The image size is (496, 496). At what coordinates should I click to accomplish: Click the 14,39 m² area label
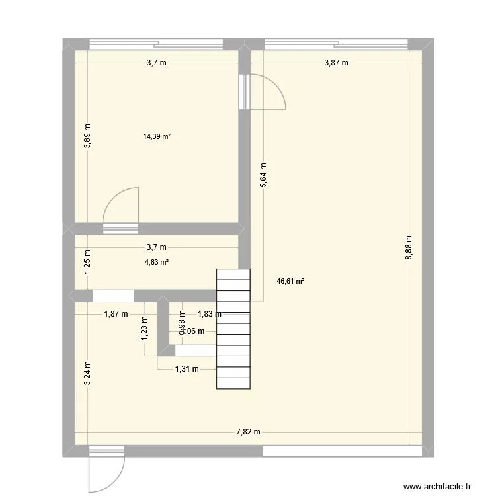click(x=157, y=137)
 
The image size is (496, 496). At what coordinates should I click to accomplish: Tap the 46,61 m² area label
click(x=290, y=281)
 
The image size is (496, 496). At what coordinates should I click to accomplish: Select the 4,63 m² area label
click(x=157, y=262)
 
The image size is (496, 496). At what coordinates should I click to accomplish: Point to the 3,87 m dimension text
click(x=335, y=63)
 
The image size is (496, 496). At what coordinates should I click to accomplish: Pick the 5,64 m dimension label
click(x=263, y=177)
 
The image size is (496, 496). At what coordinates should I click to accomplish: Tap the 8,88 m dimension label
click(x=409, y=248)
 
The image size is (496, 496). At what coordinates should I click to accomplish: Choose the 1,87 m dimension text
click(x=116, y=315)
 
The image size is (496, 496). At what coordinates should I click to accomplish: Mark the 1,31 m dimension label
click(x=186, y=369)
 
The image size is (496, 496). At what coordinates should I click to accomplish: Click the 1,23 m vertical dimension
click(x=144, y=329)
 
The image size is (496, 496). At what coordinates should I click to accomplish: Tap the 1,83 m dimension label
click(x=209, y=315)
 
